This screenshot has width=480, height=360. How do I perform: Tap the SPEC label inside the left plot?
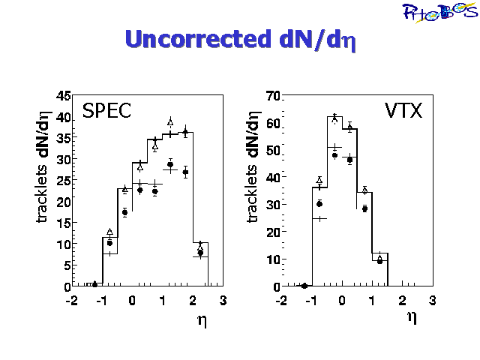(106, 111)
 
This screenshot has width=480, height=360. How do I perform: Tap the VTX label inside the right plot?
(403, 111)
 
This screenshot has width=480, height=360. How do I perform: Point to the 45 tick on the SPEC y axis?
(64, 96)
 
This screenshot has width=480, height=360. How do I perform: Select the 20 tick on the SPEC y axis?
(64, 202)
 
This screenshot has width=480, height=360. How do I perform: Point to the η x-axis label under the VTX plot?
(411, 316)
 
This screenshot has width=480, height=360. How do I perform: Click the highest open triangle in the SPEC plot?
(170, 121)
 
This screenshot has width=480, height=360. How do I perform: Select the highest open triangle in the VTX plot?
(334, 117)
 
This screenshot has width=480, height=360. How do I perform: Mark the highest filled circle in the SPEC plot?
(185, 133)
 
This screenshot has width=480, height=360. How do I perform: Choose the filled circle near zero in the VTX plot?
(304, 286)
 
